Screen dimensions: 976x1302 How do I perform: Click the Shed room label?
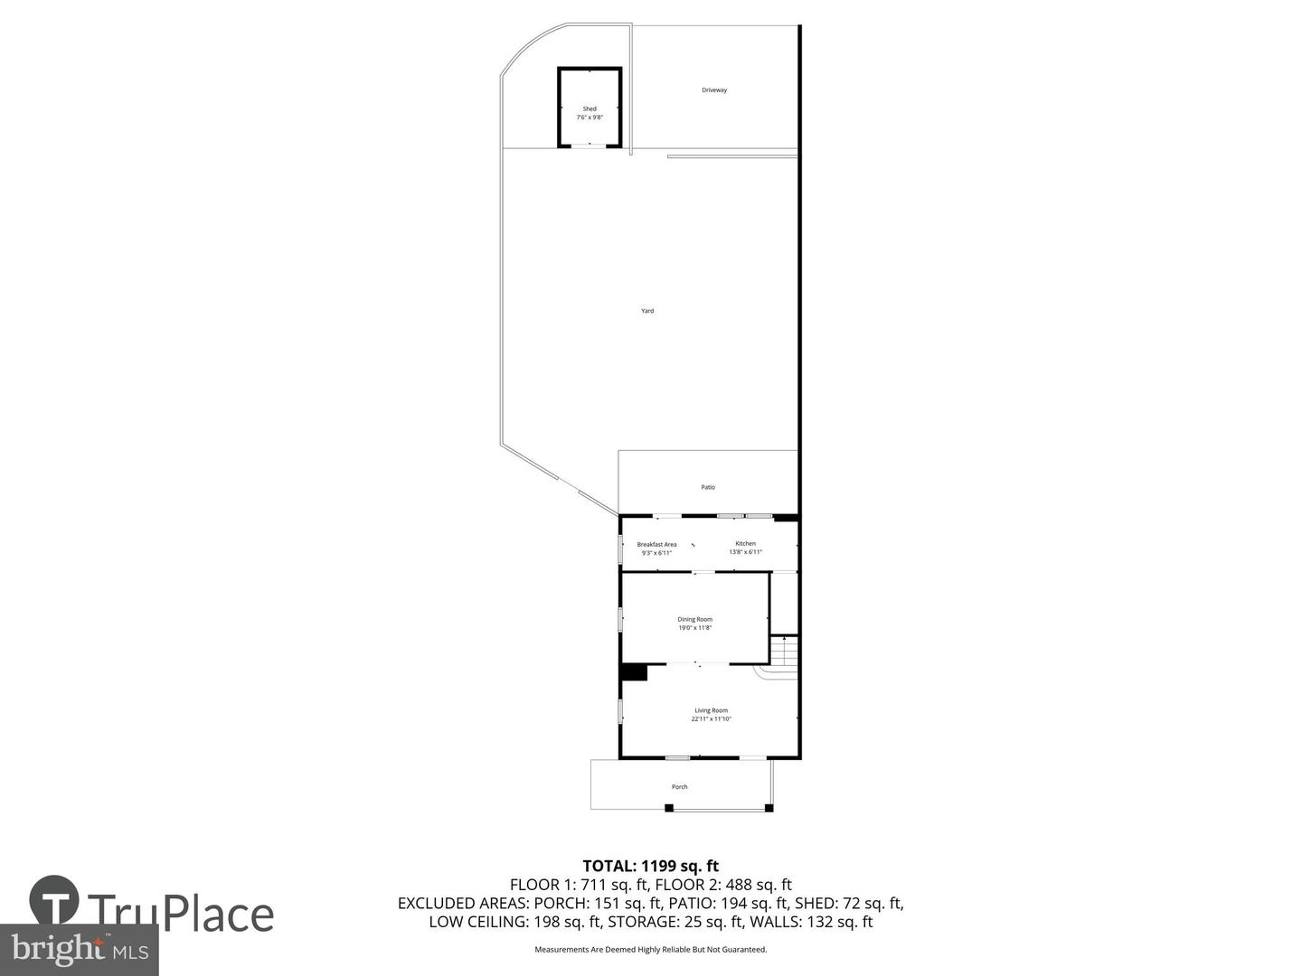590,108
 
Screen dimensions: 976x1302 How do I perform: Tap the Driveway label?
714,90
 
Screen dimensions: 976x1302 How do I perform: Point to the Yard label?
647,311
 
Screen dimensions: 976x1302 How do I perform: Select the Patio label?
708,487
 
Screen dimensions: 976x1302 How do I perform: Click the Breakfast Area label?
656,544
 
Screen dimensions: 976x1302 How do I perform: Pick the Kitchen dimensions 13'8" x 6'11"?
745,552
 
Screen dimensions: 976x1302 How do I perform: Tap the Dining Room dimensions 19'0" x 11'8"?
695,627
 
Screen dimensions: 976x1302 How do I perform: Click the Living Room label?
711,710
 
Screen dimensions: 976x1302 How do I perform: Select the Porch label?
679,787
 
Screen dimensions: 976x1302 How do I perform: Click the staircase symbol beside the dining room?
784,651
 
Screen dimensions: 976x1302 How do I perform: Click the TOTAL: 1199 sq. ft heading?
650,866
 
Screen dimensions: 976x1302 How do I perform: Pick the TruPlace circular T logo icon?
53,900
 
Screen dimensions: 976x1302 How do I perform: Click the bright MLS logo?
80,949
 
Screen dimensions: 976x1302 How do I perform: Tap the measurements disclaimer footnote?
650,950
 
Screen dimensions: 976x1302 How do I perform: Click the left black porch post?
669,808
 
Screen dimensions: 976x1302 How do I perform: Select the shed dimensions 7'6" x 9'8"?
590,117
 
